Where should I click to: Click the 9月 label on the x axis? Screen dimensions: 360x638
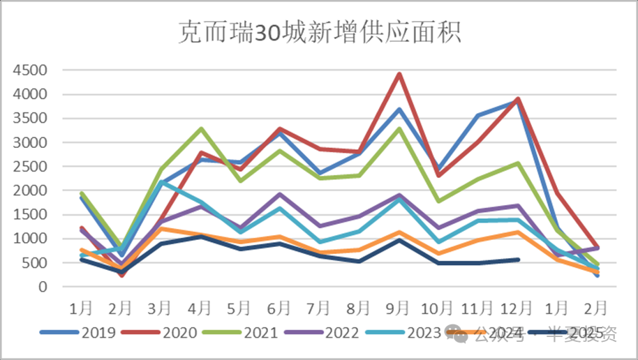click(x=399, y=307)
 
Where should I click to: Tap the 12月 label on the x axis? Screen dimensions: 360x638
click(x=517, y=307)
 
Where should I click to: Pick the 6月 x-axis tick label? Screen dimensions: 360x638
click(x=280, y=307)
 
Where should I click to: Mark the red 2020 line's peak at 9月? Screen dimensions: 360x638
click(x=399, y=74)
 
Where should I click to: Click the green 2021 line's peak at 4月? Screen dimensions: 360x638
click(x=201, y=128)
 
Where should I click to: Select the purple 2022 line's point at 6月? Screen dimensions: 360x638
click(x=280, y=195)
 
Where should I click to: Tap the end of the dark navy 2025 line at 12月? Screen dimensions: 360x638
click(x=517, y=260)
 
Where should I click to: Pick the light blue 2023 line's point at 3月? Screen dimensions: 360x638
click(x=161, y=182)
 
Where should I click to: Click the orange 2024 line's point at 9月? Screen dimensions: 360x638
click(x=399, y=232)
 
